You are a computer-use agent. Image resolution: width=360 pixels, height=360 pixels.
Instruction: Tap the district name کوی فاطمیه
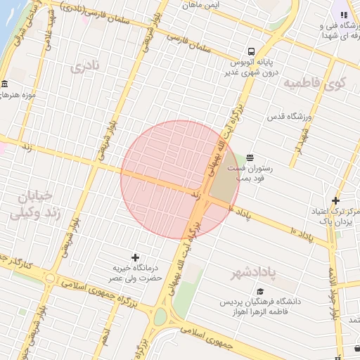pos(316,83)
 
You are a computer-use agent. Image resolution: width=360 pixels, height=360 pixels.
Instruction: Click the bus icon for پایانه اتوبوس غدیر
pos(251,51)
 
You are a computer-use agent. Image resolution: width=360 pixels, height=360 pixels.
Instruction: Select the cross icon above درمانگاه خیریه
pos(136,257)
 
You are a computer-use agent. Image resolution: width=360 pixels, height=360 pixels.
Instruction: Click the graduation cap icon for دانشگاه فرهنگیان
pos(260,291)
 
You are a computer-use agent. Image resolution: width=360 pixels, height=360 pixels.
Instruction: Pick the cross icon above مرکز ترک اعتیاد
pos(335,200)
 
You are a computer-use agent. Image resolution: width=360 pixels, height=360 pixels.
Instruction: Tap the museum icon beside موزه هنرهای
pos(4,84)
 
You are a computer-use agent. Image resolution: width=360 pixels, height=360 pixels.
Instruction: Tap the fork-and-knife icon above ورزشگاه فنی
pos(344,13)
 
